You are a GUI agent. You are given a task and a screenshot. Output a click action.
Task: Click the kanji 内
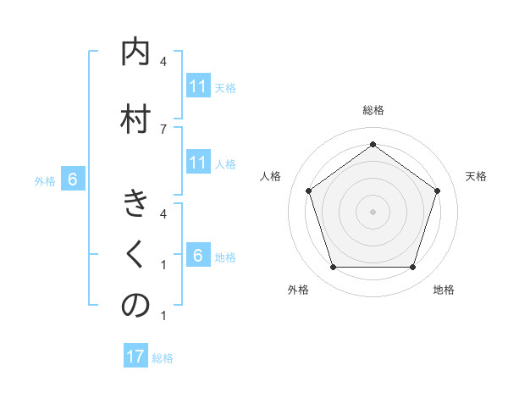[135, 53]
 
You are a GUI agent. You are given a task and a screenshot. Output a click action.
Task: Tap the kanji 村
[135, 117]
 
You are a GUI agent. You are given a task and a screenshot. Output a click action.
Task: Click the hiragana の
[135, 306]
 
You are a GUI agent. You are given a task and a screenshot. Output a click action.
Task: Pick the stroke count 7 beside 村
[163, 129]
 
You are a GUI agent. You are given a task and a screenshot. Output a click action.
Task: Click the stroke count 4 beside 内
[163, 62]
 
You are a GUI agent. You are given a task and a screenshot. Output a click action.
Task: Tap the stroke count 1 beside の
[163, 316]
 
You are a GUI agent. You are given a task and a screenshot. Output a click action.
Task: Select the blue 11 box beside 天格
[197, 86]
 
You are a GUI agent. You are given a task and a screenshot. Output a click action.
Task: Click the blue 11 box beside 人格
[197, 163]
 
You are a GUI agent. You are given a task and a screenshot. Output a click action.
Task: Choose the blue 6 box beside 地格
[197, 256]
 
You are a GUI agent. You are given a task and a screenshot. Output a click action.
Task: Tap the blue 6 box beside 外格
[73, 180]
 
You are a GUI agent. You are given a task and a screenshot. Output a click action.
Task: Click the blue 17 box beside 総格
[135, 357]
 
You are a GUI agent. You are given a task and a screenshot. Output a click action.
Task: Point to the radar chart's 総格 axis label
[373, 110]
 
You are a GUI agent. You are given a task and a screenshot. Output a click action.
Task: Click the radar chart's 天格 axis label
[476, 176]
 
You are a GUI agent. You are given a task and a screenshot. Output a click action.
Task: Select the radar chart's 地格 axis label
[444, 290]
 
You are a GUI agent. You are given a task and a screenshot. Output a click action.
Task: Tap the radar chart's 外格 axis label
[298, 290]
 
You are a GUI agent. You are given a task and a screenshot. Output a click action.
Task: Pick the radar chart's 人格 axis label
[270, 176]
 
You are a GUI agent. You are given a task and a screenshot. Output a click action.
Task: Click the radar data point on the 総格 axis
[373, 144]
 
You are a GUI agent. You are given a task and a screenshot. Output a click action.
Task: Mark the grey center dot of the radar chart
[373, 211]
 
